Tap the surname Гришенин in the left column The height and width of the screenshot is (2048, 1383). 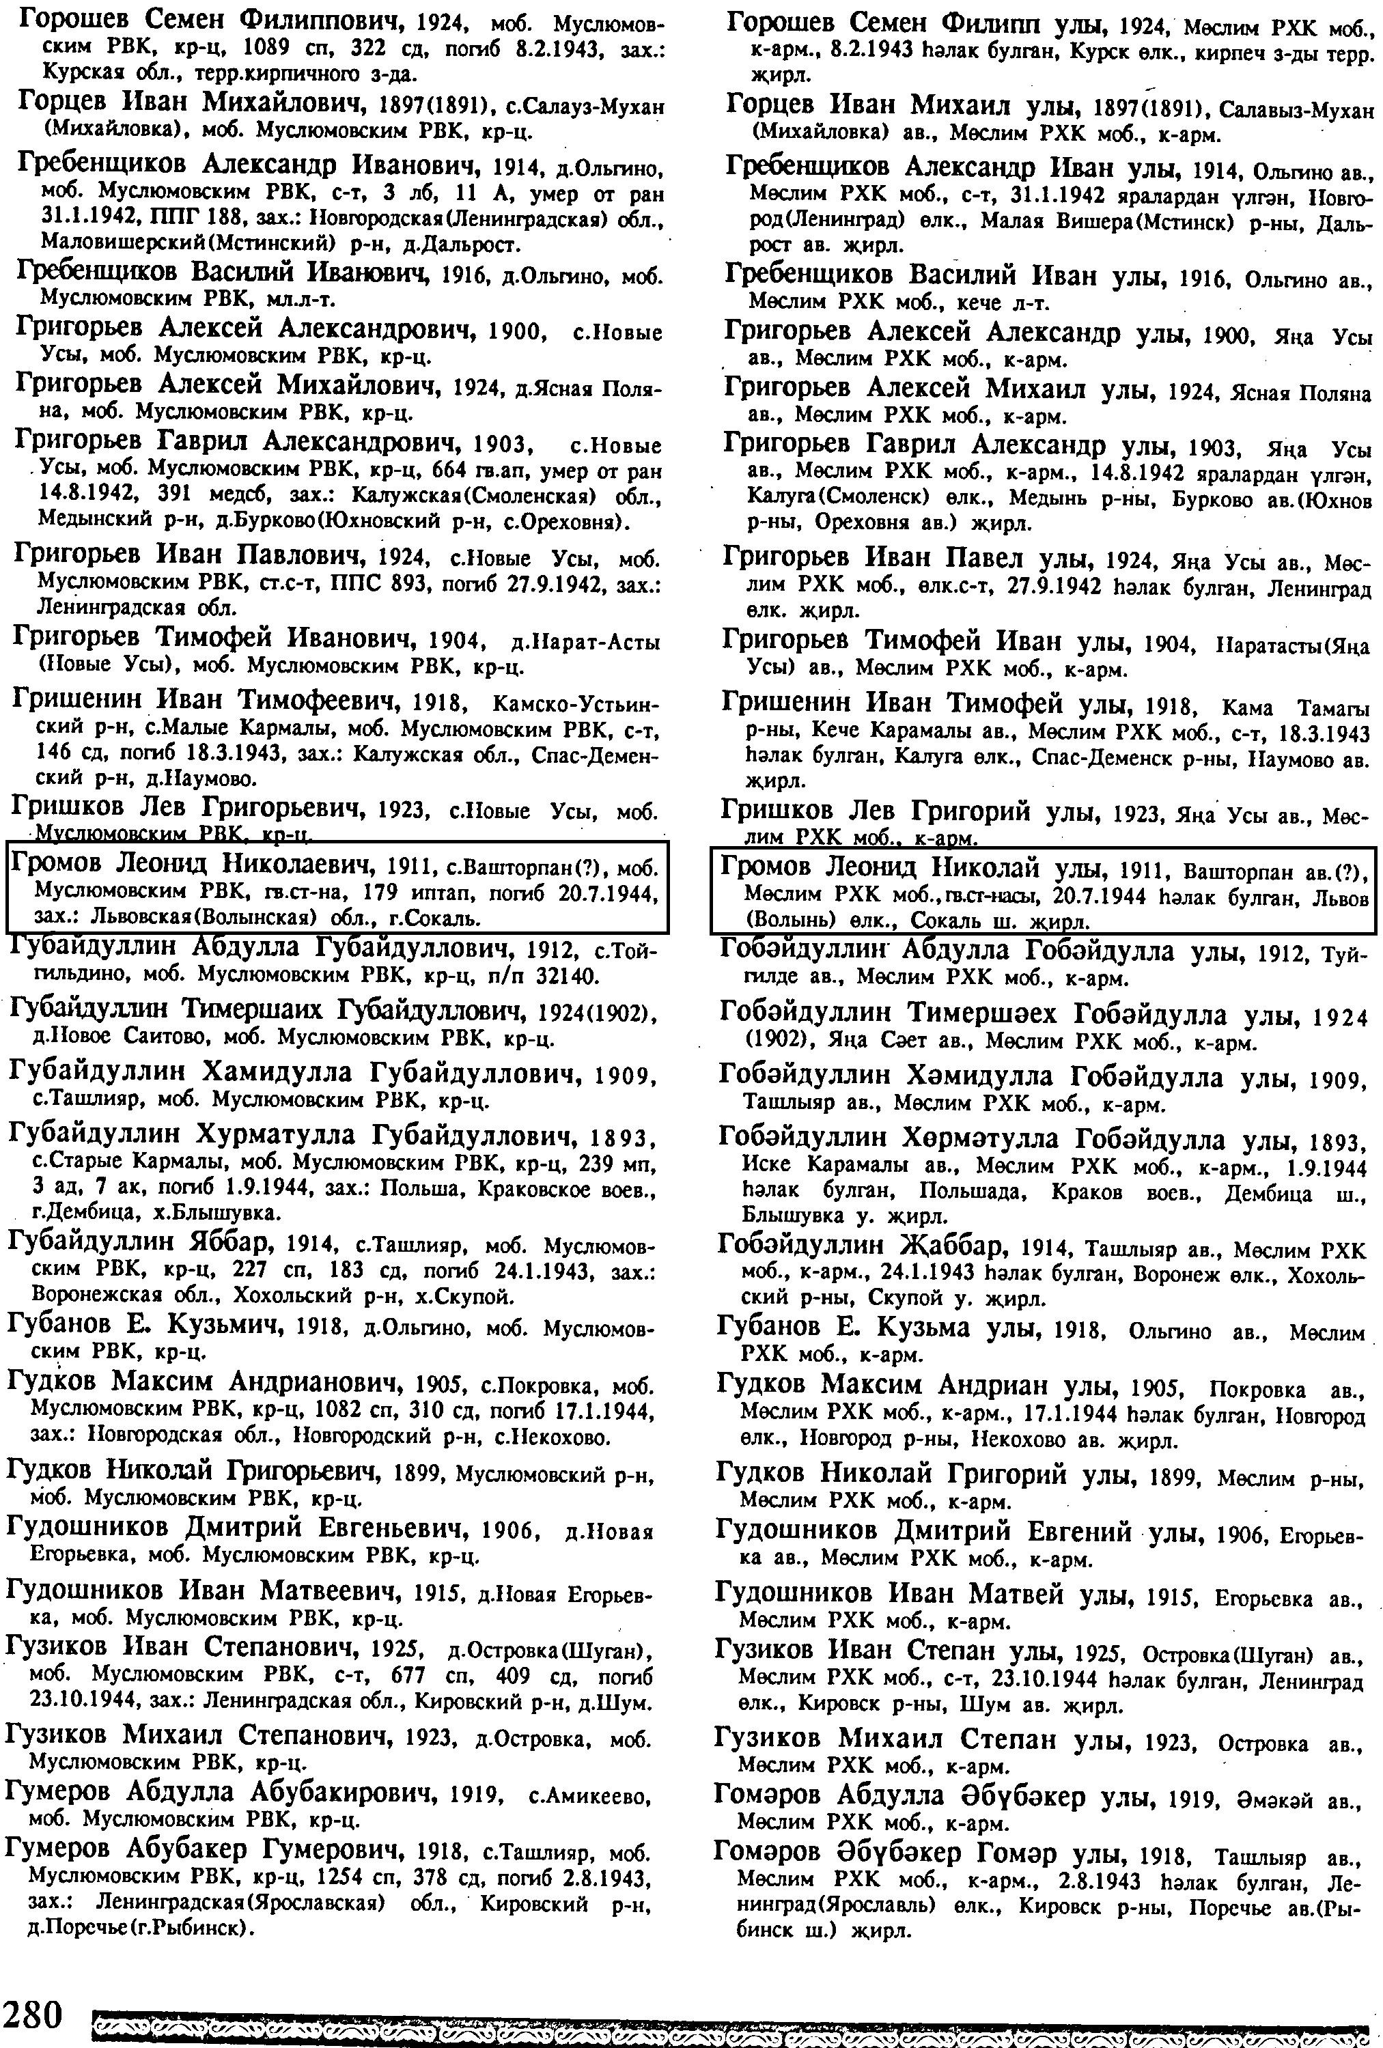80,701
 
